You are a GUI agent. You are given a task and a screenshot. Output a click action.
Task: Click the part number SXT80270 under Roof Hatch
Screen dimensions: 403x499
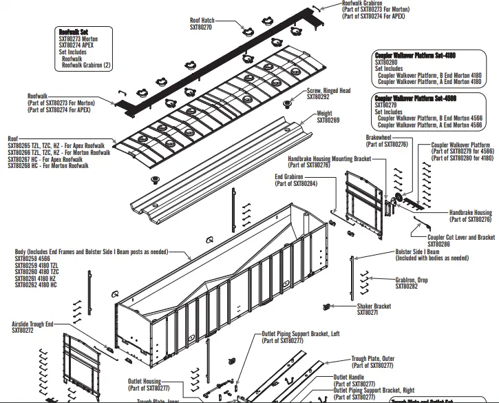tap(201, 27)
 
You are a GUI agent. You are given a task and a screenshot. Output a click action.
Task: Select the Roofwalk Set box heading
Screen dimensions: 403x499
tap(74, 32)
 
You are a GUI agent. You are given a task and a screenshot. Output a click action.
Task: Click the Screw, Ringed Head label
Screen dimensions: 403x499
tap(328, 91)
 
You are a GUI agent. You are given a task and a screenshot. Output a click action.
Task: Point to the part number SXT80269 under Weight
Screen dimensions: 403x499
tap(328, 121)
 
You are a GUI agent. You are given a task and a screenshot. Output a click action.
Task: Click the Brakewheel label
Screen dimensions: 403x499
tap(379, 137)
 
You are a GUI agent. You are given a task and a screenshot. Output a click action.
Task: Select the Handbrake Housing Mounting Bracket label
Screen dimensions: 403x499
tap(329, 158)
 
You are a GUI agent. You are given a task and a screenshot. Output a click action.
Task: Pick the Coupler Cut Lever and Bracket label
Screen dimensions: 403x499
tap(461, 238)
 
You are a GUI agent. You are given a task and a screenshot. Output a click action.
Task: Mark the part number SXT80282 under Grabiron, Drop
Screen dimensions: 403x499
tap(407, 286)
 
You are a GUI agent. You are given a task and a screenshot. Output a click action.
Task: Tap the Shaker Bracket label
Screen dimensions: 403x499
tap(374, 306)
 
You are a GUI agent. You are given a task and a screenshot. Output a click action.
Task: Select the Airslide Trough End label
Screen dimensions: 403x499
tap(32, 323)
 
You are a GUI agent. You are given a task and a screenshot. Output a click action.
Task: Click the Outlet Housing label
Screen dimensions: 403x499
tap(144, 381)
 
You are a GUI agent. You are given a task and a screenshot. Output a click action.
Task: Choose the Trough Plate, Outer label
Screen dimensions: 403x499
tap(373, 359)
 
